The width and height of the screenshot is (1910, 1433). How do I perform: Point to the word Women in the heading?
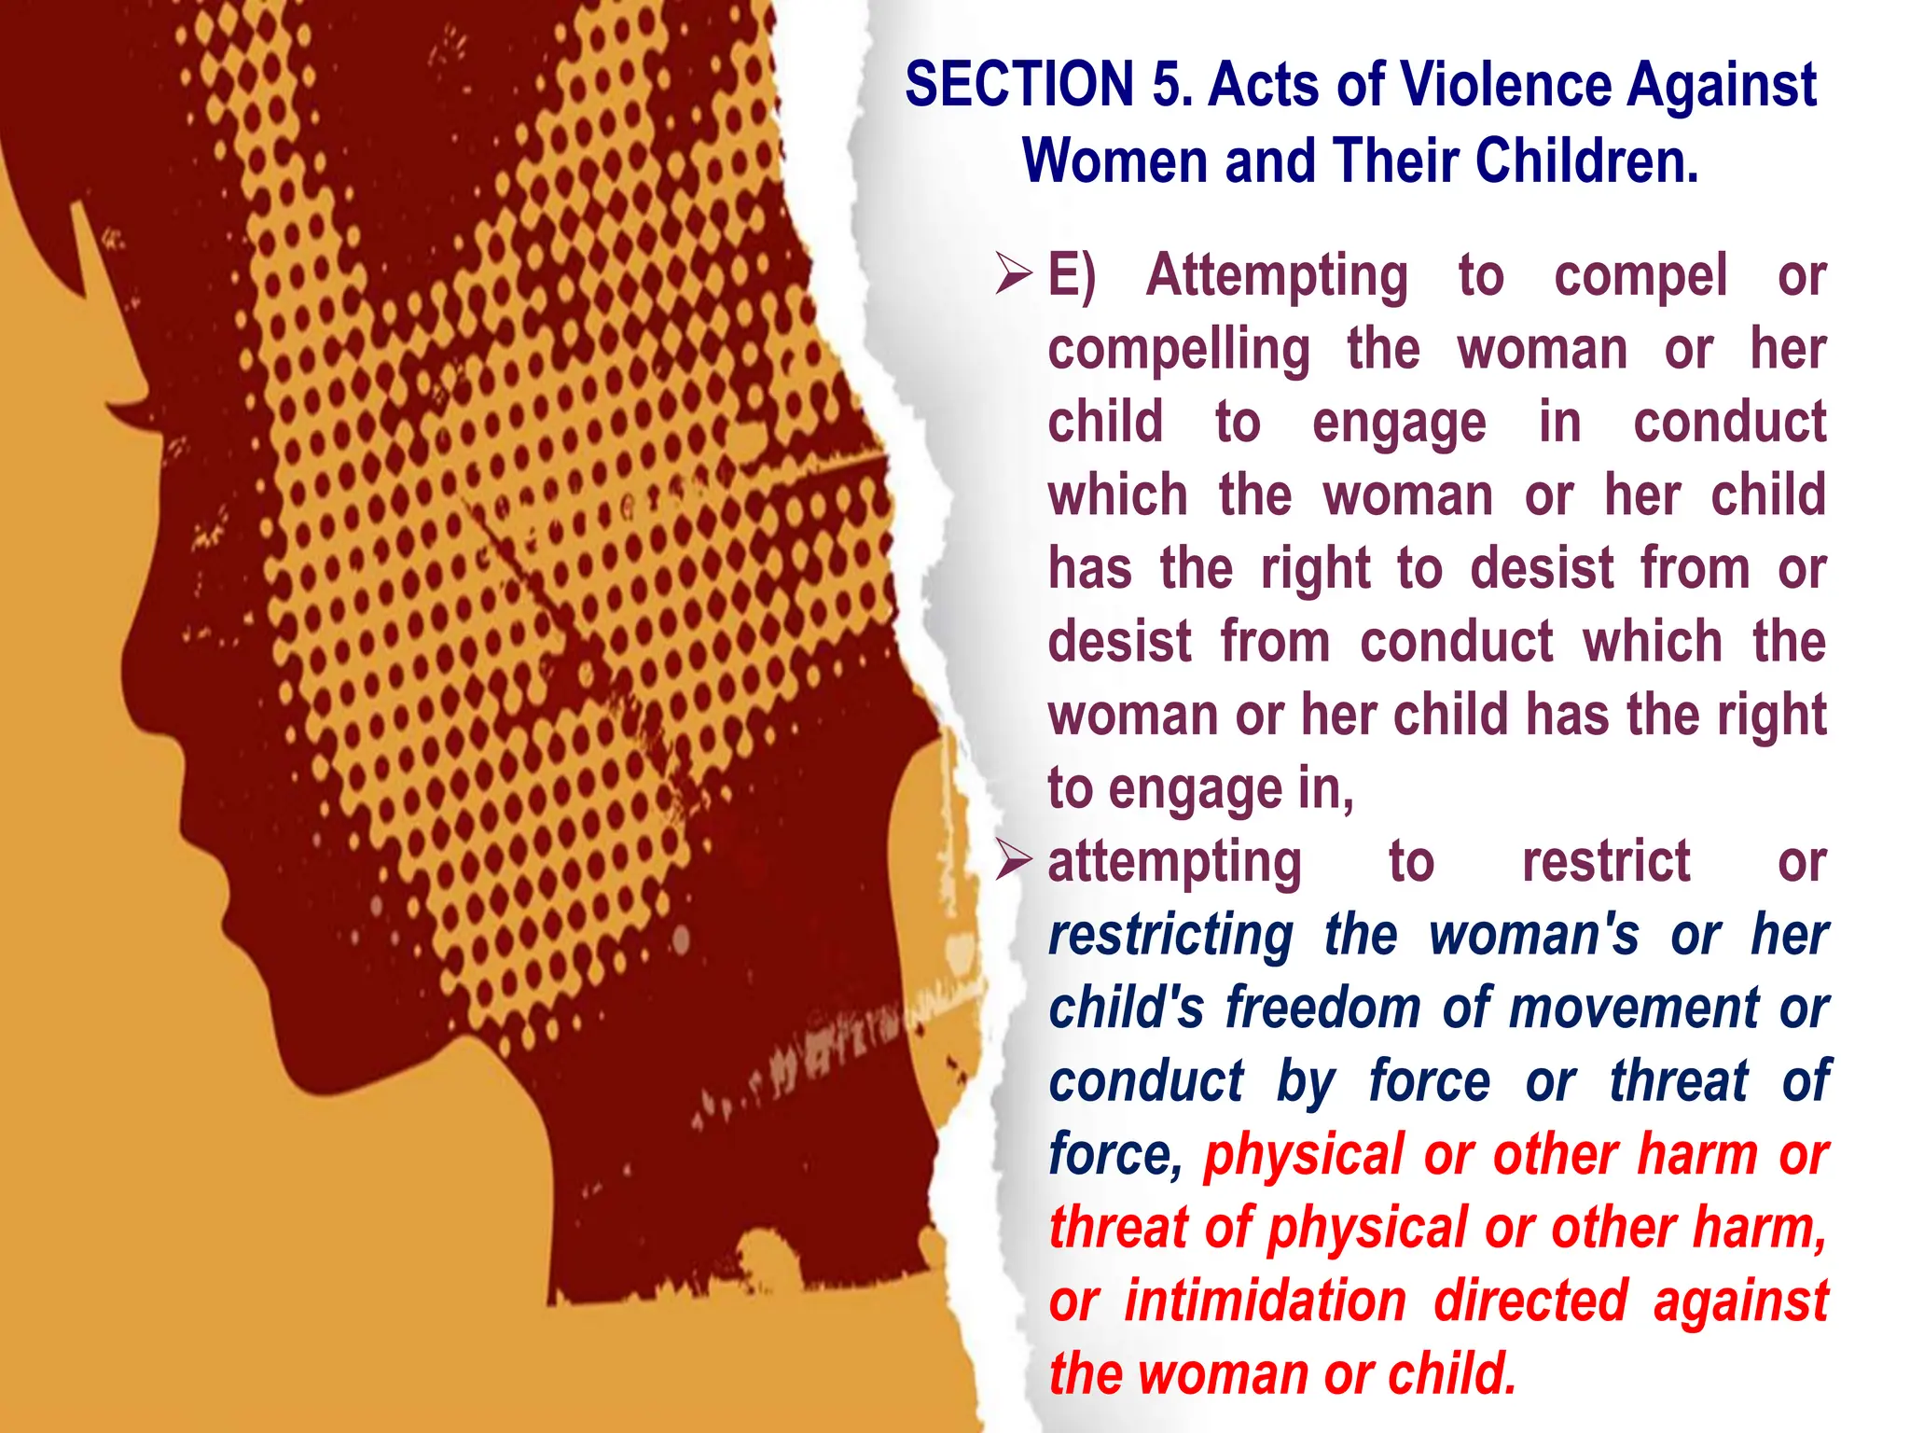click(1115, 161)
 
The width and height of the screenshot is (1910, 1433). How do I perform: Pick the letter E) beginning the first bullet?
click(1072, 276)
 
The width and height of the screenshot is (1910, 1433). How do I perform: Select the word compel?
click(1640, 277)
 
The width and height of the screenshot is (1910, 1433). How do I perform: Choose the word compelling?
click(1179, 351)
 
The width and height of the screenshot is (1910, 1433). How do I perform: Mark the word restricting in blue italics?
click(1170, 935)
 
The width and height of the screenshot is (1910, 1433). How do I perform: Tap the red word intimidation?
click(1265, 1301)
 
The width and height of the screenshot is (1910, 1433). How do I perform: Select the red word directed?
click(1530, 1301)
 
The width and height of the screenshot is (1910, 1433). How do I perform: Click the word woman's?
click(1533, 935)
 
